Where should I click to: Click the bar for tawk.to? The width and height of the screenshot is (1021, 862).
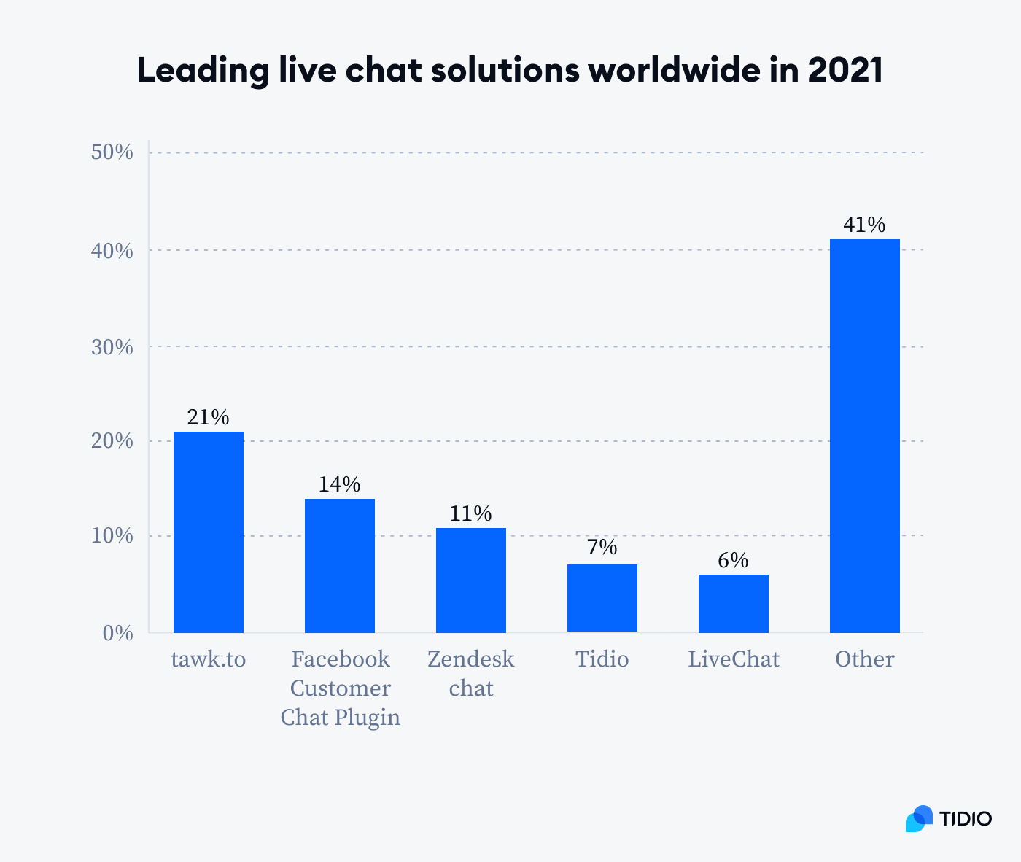(208, 532)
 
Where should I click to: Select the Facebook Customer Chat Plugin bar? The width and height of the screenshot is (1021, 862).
(339, 566)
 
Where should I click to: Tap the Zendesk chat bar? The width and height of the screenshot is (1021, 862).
(470, 581)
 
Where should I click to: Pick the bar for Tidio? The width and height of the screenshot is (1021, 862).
(602, 598)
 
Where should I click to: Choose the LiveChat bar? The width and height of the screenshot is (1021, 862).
(733, 604)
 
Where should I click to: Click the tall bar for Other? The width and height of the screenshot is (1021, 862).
(864, 436)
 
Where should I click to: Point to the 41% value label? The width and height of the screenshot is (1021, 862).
(864, 225)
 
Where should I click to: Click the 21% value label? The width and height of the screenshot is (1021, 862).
(208, 417)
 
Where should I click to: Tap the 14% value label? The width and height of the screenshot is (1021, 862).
(339, 484)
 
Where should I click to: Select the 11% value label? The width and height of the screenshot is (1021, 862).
(470, 513)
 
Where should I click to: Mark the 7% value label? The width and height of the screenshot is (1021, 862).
(602, 547)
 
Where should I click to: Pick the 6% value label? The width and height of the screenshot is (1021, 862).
(733, 560)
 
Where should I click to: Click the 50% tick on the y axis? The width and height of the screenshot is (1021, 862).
(112, 152)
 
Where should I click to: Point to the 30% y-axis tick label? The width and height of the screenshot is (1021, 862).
(112, 347)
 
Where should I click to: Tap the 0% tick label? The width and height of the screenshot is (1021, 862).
(117, 633)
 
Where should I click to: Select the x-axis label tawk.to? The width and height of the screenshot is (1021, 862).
(208, 659)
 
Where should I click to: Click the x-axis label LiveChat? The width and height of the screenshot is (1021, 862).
(733, 659)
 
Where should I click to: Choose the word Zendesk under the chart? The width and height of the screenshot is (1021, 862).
(470, 659)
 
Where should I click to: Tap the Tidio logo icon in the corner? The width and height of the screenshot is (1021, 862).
(919, 818)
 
